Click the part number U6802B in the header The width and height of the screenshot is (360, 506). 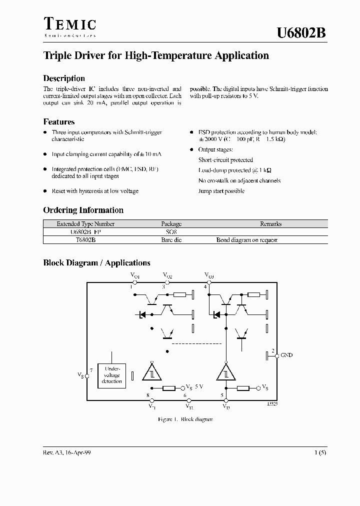tap(301, 33)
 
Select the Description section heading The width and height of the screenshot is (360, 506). tap(64, 78)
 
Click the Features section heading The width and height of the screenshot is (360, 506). tap(59, 121)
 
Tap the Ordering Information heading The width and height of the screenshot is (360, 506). tap(83, 210)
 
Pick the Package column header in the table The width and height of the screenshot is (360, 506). tap(171, 224)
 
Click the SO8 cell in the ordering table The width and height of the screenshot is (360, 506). tap(171, 232)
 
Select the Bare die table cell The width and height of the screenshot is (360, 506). tap(171, 240)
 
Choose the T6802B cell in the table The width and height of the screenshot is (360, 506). tap(85, 240)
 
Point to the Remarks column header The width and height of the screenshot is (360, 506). tap(271, 224)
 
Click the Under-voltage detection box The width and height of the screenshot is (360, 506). tap(111, 374)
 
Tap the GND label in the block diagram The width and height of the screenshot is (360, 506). tap(286, 355)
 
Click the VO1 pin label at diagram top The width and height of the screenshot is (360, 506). tap(135, 275)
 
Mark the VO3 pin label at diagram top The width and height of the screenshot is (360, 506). tap(209, 275)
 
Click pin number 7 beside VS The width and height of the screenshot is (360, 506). tap(90, 370)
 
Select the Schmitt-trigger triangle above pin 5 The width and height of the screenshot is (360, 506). tap(225, 372)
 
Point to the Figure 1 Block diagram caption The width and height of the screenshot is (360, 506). tap(185, 419)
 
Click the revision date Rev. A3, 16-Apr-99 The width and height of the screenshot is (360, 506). tap(67, 452)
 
